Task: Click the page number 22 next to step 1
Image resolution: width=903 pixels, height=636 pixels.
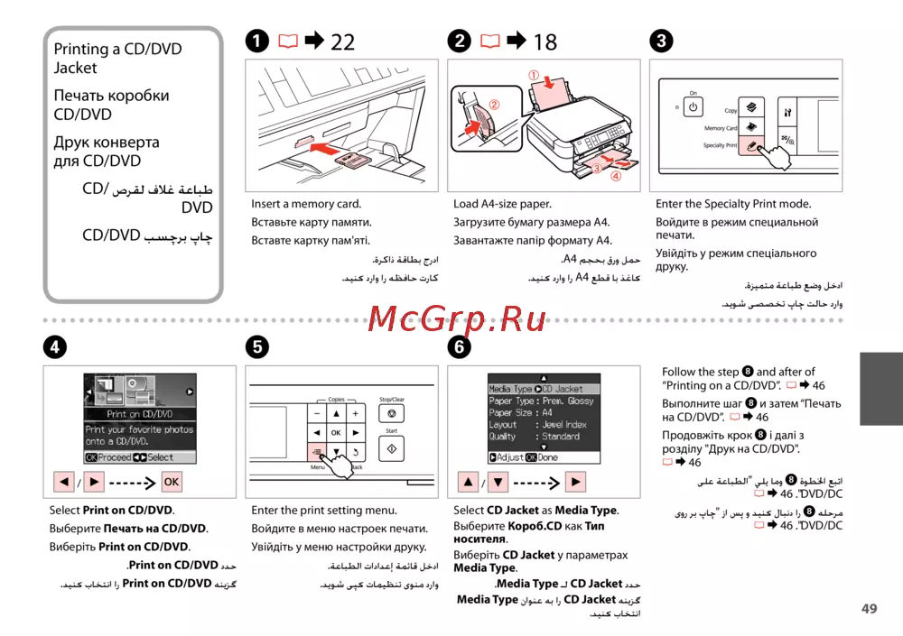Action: pos(342,41)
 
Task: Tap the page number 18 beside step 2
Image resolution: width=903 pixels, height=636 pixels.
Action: pos(545,41)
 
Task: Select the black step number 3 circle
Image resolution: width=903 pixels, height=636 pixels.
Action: pos(662,41)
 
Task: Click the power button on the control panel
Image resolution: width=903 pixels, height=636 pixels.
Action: pos(694,107)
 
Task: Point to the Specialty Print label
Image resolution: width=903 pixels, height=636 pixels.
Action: pos(719,145)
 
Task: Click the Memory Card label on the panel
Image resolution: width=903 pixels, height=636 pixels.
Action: pos(721,128)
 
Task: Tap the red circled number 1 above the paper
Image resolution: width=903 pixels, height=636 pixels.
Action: pos(534,75)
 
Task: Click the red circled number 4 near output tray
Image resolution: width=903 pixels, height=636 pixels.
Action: pos(616,177)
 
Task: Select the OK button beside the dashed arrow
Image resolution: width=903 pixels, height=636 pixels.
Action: pos(172,482)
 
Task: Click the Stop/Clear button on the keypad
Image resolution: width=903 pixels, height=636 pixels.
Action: pos(392,413)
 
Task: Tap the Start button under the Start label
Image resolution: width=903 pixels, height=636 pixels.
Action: pos(392,448)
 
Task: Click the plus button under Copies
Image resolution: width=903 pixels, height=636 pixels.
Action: pos(356,413)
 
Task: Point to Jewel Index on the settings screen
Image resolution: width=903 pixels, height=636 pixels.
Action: pos(564,424)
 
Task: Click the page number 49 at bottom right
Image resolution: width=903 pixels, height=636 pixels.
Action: pos(869,609)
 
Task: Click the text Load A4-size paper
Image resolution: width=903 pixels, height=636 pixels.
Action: pos(502,204)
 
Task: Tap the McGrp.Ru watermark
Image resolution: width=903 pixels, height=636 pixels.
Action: pos(449,318)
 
